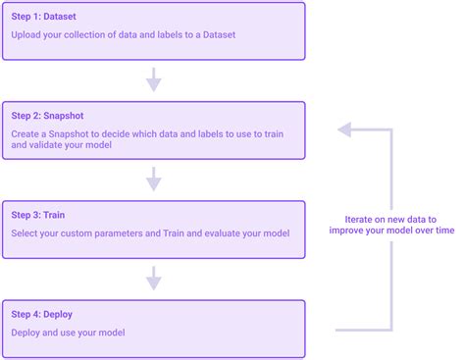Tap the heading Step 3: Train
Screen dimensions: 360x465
click(38, 215)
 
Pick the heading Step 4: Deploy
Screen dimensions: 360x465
click(42, 314)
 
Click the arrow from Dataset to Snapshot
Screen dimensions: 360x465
click(153, 77)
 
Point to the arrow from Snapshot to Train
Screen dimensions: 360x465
click(153, 178)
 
